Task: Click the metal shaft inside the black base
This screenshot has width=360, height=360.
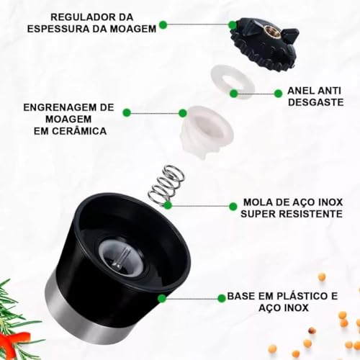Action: point(123,256)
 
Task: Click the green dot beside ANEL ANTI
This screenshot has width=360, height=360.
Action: point(278,93)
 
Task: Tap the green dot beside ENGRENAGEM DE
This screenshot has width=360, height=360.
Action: point(127,112)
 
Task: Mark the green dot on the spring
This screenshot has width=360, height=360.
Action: point(168,205)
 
